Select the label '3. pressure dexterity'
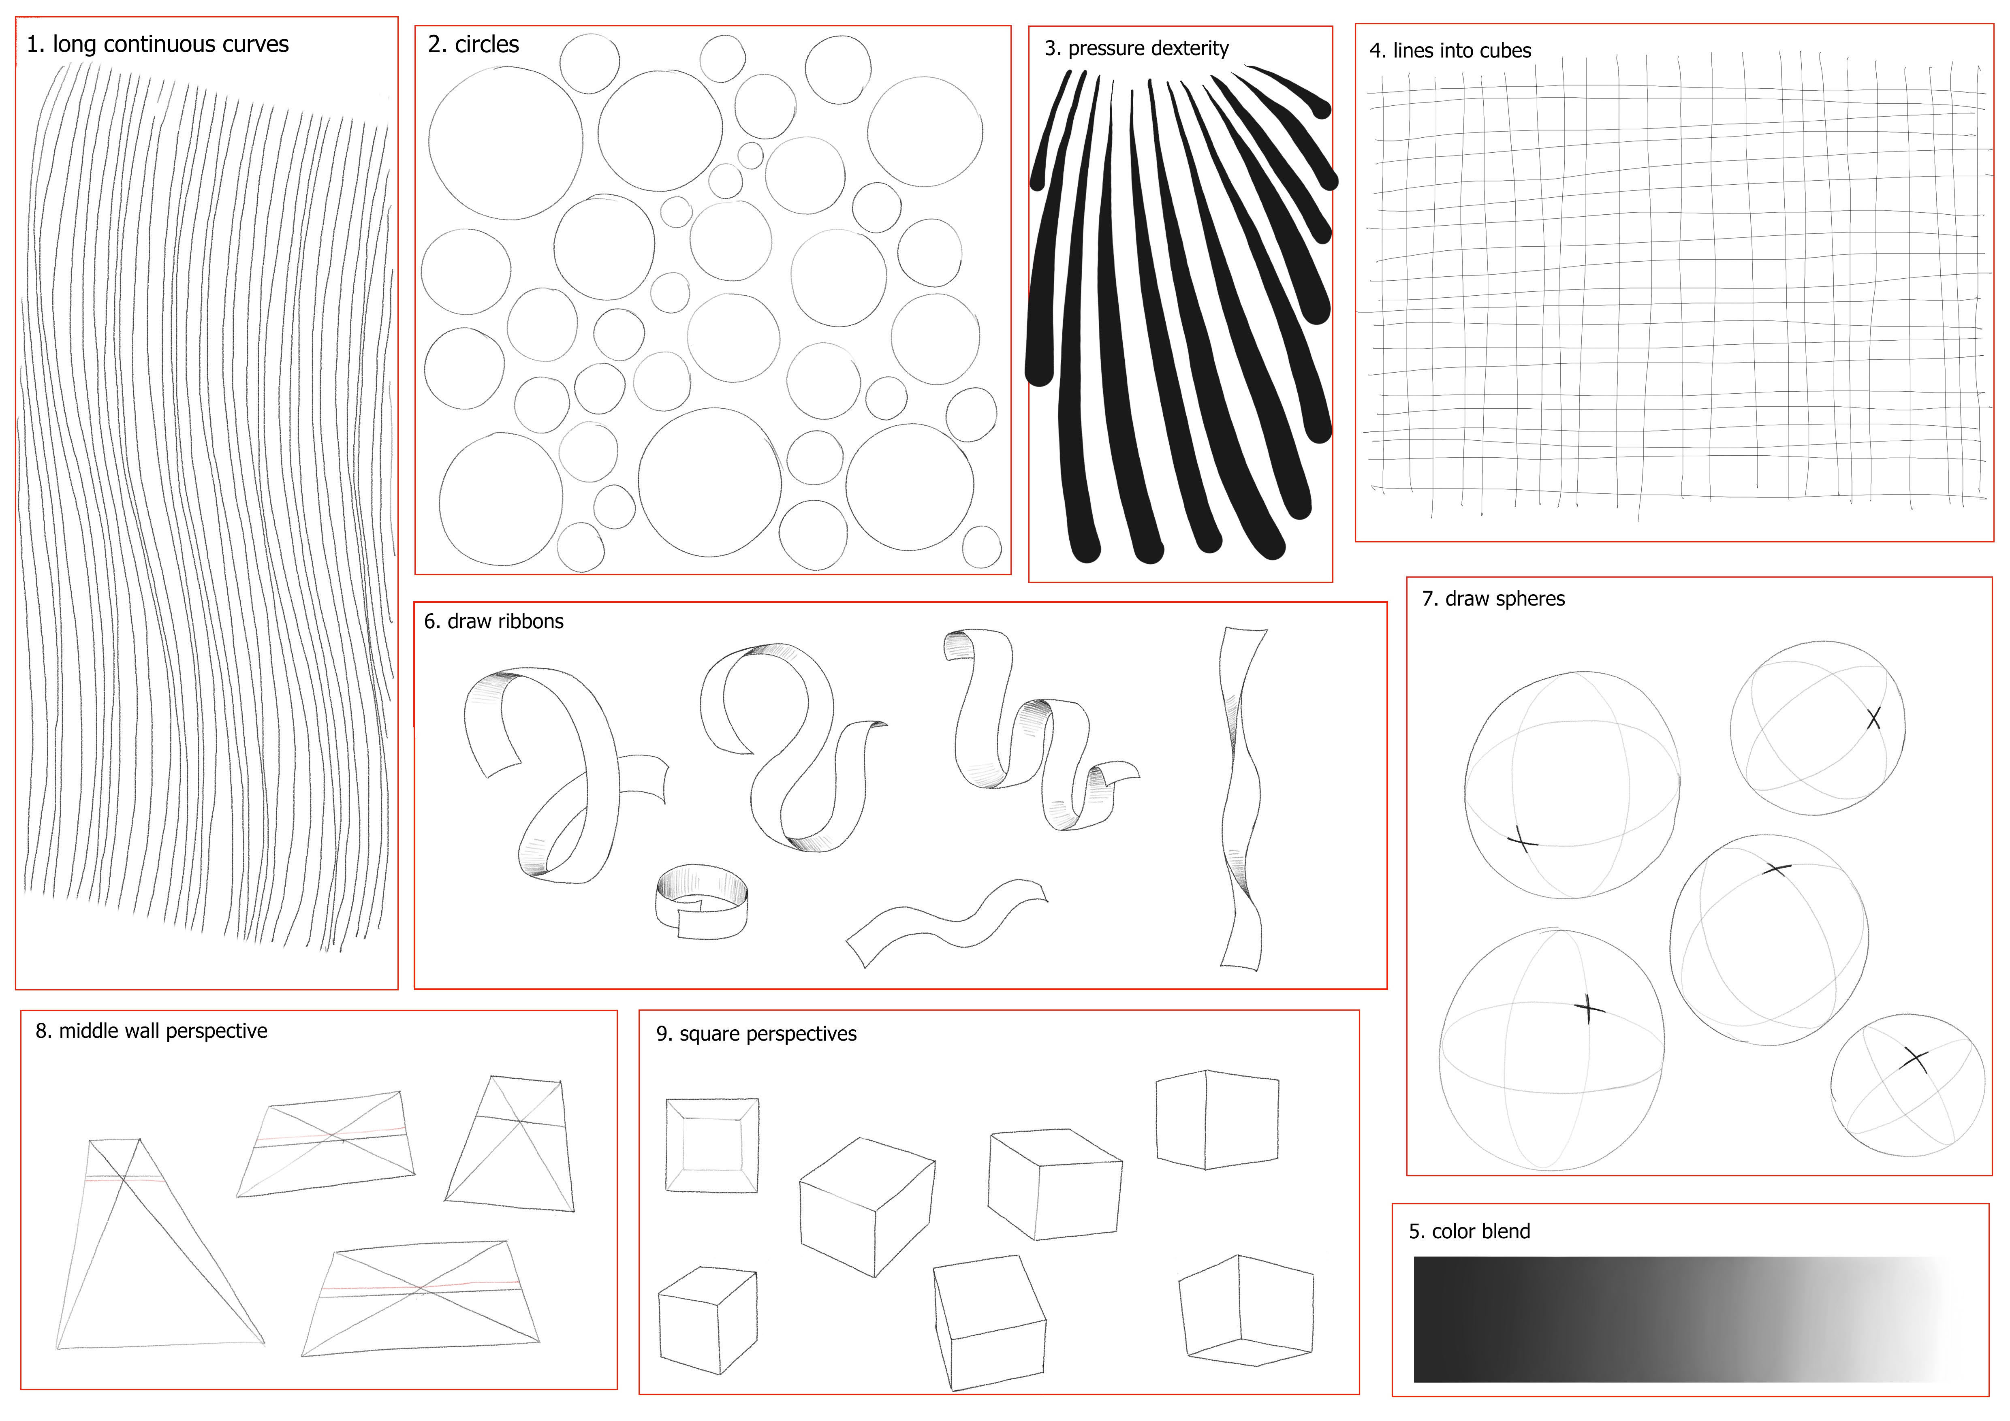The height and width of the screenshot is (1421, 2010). point(1136,48)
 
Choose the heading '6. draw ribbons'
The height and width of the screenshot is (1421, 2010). point(494,621)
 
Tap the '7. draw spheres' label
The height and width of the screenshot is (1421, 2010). point(1493,599)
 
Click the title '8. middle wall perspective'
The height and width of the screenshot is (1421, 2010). point(152,1031)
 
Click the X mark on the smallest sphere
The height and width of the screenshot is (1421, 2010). point(1916,1060)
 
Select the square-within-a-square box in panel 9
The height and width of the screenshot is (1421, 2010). point(712,1144)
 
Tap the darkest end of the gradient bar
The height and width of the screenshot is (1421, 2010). point(1423,1319)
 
